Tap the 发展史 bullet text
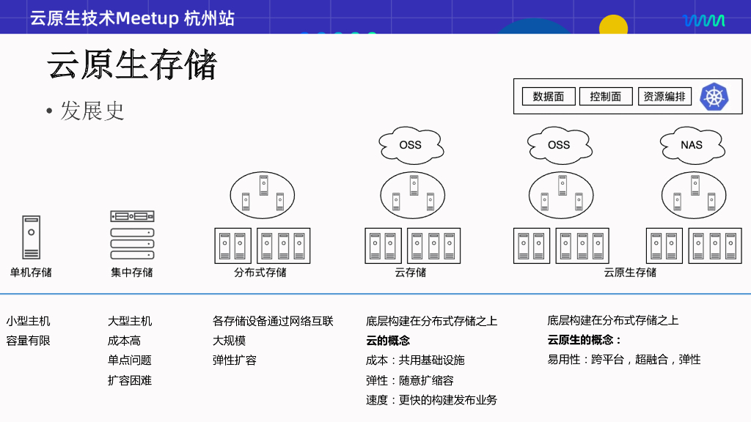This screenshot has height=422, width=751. click(92, 111)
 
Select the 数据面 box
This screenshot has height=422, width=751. click(548, 97)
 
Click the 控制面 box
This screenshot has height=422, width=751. click(606, 97)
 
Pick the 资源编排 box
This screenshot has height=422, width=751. click(664, 97)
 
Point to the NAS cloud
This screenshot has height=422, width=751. click(691, 144)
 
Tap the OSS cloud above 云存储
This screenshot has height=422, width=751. click(411, 144)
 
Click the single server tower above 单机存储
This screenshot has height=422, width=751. click(31, 237)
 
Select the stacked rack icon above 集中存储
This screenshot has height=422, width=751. click(132, 235)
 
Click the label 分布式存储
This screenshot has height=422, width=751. click(260, 273)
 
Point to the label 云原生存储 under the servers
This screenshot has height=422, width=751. click(630, 273)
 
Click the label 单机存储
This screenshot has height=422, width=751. click(31, 273)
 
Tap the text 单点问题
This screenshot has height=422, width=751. click(130, 360)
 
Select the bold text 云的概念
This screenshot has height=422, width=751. click(388, 341)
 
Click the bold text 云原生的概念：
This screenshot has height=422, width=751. click(585, 340)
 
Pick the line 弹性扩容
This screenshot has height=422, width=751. click(235, 360)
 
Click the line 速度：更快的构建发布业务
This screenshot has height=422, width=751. click(431, 400)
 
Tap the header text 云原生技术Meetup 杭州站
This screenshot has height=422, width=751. click(132, 18)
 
